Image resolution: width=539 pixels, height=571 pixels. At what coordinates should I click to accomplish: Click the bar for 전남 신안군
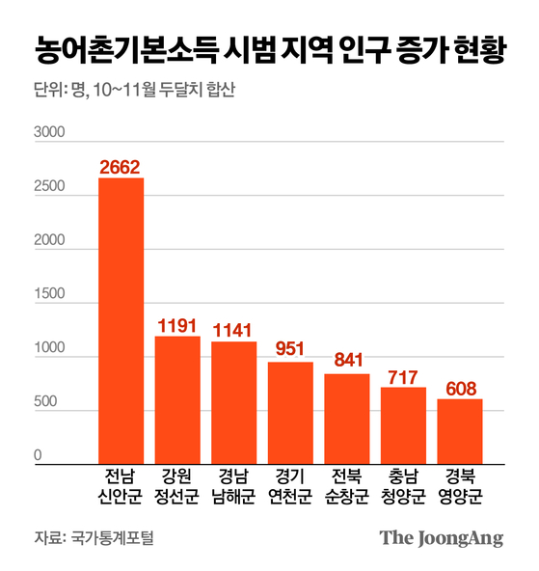click(x=121, y=321)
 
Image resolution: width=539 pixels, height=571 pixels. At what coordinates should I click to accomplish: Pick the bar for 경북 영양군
click(x=460, y=432)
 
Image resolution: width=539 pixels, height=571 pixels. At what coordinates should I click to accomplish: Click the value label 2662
click(x=121, y=167)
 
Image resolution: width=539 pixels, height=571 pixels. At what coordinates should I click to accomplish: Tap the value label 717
click(x=404, y=374)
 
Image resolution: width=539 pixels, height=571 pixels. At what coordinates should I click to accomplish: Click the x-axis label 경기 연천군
click(x=290, y=488)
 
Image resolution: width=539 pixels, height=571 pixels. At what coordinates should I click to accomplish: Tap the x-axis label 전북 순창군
click(x=347, y=488)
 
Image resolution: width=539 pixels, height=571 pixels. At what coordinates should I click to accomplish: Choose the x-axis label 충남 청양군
click(x=404, y=488)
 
